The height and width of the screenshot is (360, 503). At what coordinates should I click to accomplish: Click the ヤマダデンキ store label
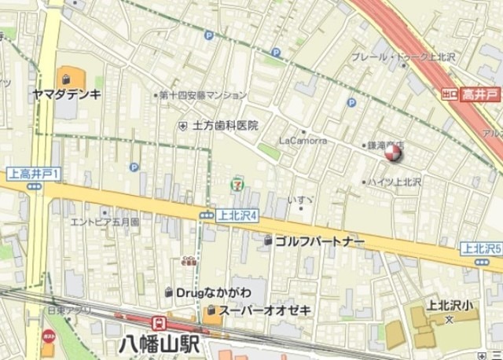pos(67,94)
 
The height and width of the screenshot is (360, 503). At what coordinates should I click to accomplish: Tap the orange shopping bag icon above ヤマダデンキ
pos(68,79)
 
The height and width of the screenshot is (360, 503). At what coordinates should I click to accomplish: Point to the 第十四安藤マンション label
pos(203,95)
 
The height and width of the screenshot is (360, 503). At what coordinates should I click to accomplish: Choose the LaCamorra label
pos(302,141)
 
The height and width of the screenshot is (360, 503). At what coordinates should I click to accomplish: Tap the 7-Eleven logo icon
pos(236,183)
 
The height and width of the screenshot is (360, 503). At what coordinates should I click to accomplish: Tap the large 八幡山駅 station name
pos(160,344)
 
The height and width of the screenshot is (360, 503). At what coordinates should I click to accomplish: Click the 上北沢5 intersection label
pos(482,248)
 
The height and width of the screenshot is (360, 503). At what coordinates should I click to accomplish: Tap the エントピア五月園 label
pos(105,222)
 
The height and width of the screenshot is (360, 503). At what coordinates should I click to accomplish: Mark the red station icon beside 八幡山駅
pos(158,323)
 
